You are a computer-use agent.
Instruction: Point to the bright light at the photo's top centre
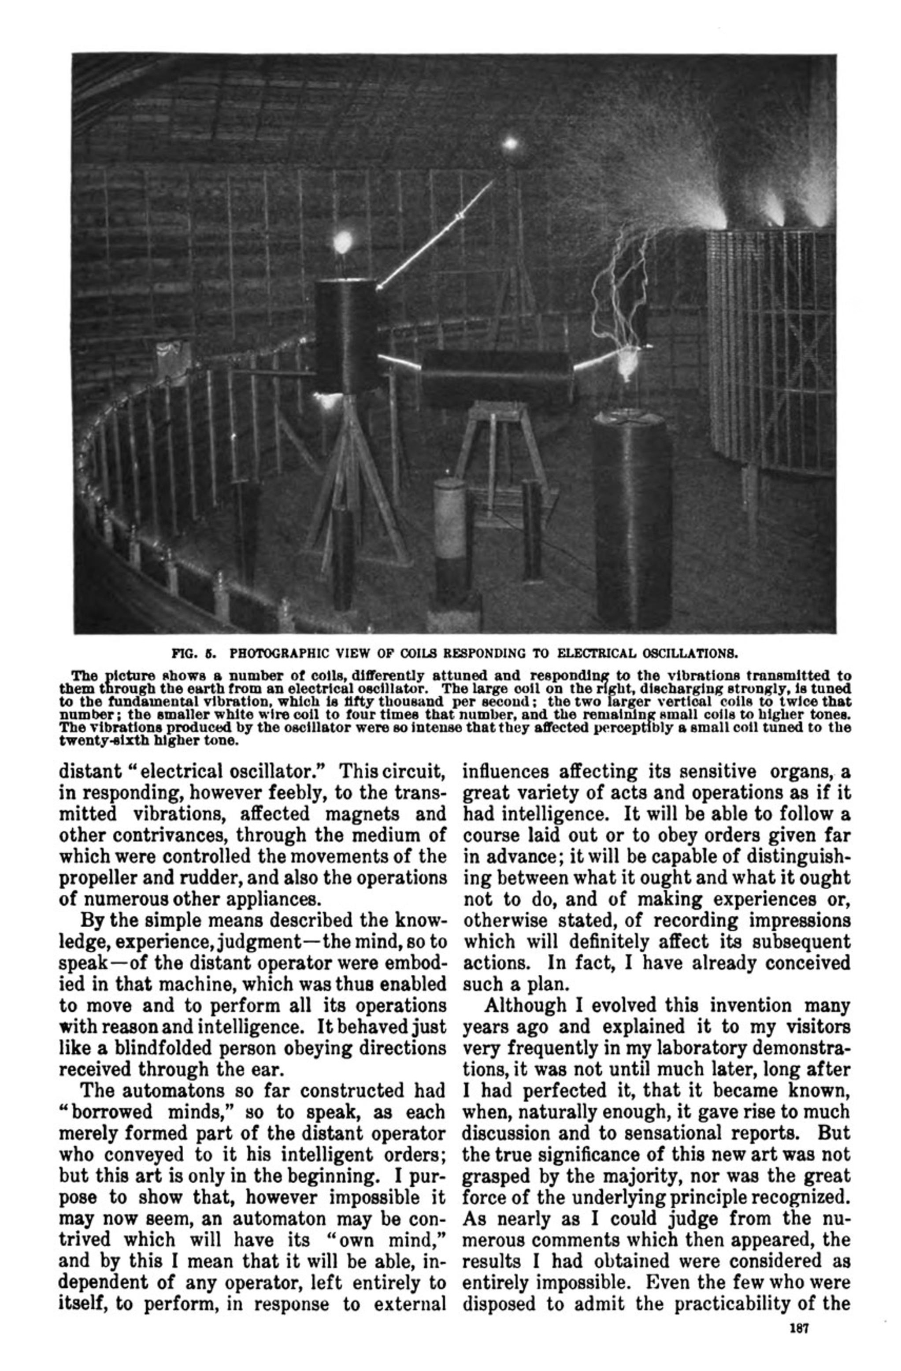pyautogui.click(x=509, y=143)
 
